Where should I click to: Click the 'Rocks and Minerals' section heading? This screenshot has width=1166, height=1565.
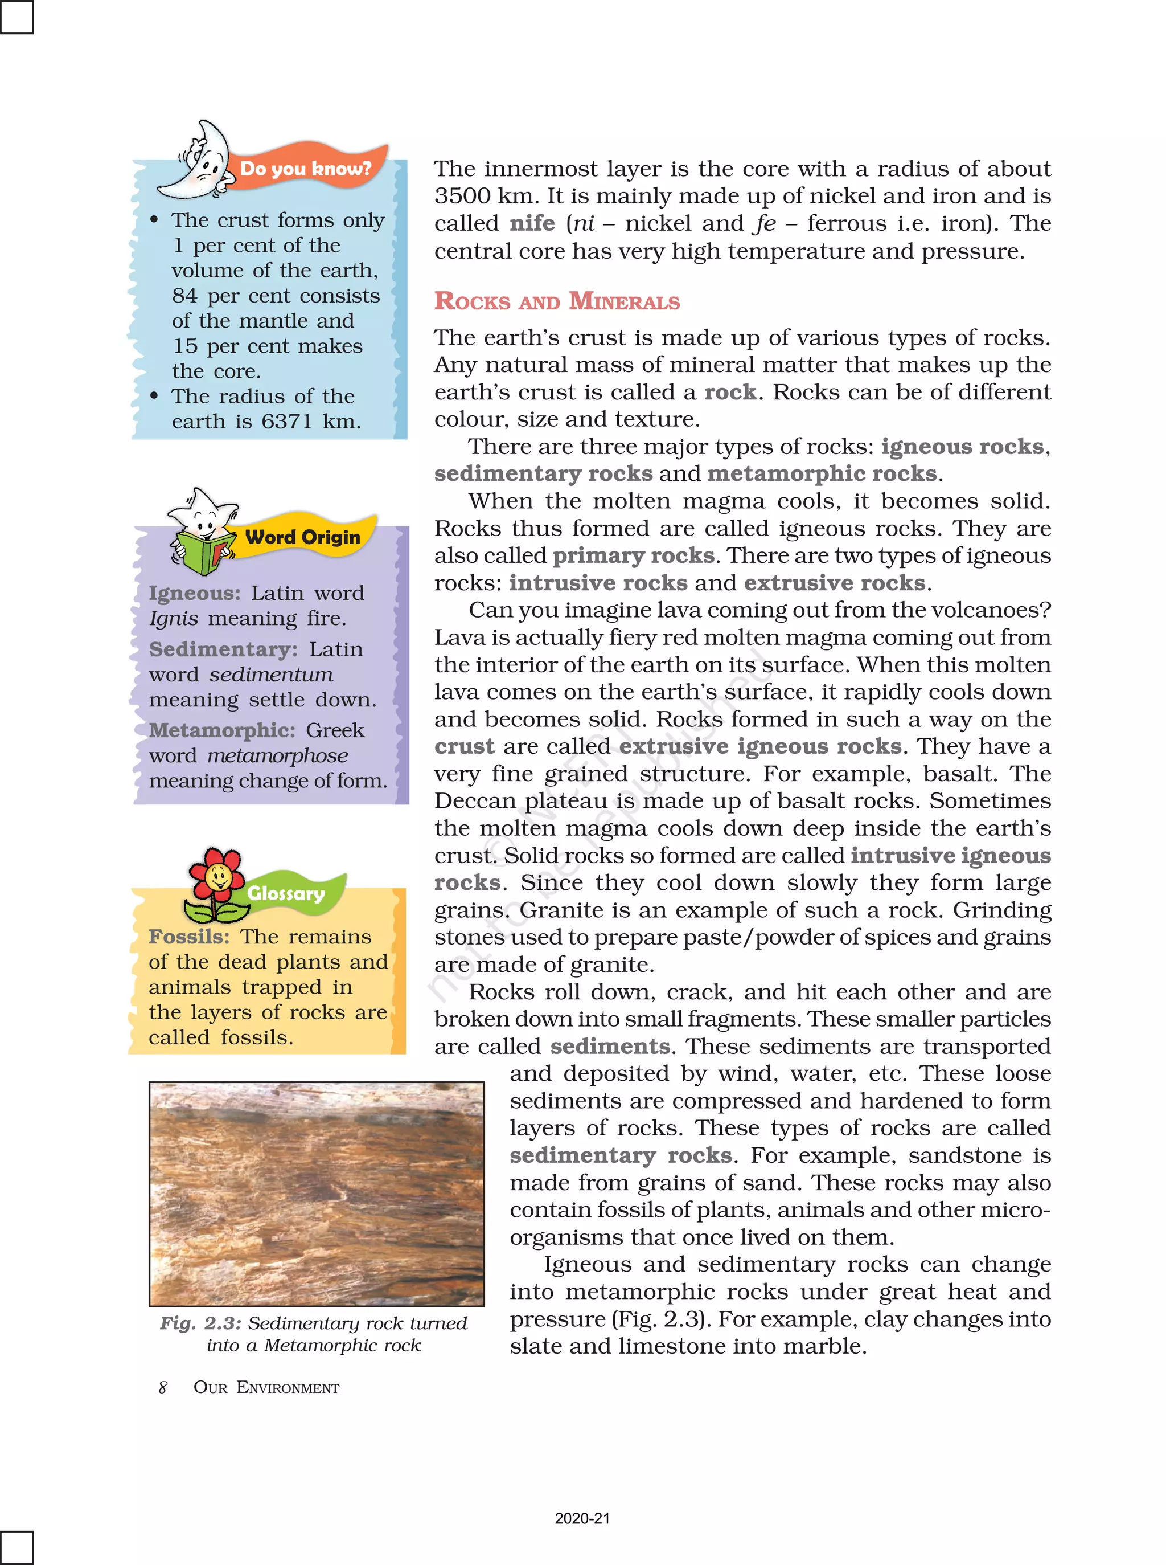coord(556,301)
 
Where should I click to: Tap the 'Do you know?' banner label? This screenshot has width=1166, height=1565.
coord(305,169)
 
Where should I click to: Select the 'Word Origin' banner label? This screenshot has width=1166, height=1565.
coord(302,537)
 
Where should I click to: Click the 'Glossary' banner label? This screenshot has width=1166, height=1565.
coord(285,893)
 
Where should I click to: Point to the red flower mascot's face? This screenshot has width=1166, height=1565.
coord(218,878)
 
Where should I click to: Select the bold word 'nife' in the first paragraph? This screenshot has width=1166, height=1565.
coord(532,223)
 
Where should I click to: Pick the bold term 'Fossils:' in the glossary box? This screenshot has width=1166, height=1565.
coord(188,937)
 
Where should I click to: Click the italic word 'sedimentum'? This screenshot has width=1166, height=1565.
coord(271,675)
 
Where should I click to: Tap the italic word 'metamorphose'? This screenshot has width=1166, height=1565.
coord(277,755)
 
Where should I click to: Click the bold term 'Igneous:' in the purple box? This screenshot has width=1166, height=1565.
coord(194,593)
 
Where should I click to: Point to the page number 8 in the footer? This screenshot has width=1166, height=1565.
coord(163,1387)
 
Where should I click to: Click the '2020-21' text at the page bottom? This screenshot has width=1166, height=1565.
coord(582,1518)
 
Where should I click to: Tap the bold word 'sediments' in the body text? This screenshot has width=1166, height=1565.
coord(610,1046)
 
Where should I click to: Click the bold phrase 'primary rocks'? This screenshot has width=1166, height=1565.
coord(633,556)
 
